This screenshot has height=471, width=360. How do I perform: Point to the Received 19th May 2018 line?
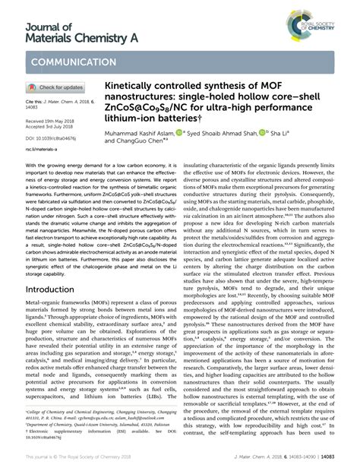coord(52,121)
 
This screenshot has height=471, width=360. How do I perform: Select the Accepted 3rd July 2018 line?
coord(51,127)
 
